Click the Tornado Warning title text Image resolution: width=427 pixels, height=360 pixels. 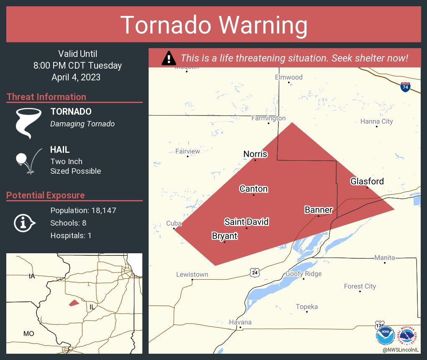pyautogui.click(x=213, y=25)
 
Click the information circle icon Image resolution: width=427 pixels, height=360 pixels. pyautogui.click(x=24, y=223)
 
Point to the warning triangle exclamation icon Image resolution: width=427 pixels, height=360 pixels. pyautogui.click(x=169, y=58)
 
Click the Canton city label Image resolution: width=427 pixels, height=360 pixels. pyautogui.click(x=253, y=189)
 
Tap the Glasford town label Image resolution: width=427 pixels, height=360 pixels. pyautogui.click(x=367, y=181)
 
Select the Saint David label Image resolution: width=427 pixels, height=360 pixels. pyautogui.click(x=246, y=222)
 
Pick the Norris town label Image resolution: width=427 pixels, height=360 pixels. pyautogui.click(x=255, y=154)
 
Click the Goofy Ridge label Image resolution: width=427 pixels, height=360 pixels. pyautogui.click(x=304, y=274)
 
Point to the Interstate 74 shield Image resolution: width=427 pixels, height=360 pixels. pyautogui.click(x=404, y=87)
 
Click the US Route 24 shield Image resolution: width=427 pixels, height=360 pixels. pyautogui.click(x=255, y=273)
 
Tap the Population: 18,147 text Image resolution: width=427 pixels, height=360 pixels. pyautogui.click(x=83, y=211)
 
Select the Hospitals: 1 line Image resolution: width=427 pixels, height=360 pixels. pyautogui.click(x=71, y=236)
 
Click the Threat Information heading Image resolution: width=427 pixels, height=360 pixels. pyautogui.click(x=46, y=97)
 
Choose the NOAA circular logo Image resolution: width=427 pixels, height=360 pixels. pyautogui.click(x=385, y=336)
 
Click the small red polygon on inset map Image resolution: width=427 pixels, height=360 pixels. pyautogui.click(x=74, y=303)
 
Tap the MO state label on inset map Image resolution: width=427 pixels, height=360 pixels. pyautogui.click(x=28, y=334)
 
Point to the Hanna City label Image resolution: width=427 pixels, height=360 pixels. pyautogui.click(x=376, y=122)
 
